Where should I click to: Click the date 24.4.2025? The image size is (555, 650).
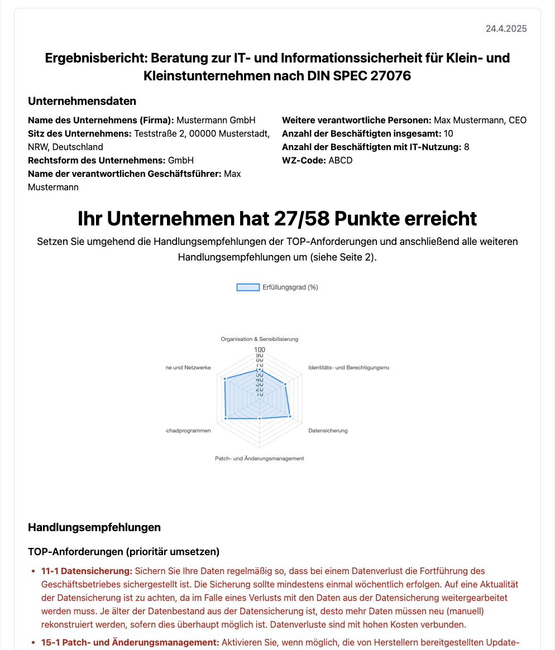click(x=506, y=29)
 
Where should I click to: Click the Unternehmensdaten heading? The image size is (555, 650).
click(x=82, y=101)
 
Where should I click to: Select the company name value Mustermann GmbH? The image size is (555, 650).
click(x=216, y=120)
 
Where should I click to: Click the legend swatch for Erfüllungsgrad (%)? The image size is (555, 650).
click(x=248, y=287)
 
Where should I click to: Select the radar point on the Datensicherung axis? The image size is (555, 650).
click(x=290, y=416)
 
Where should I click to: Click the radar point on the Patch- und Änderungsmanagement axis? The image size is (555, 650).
click(x=260, y=418)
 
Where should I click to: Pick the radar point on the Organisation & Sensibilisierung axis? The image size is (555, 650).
click(x=260, y=369)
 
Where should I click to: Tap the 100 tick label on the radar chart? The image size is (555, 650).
click(x=260, y=350)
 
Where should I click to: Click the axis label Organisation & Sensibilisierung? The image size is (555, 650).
click(x=260, y=339)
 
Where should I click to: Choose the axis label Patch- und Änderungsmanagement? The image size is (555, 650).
click(x=260, y=458)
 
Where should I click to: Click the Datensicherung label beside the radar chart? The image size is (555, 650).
click(x=328, y=431)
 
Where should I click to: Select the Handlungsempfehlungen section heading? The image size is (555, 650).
click(x=94, y=527)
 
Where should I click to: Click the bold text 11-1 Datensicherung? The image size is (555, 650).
click(x=87, y=571)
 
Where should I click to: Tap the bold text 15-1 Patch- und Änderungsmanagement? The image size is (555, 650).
click(x=130, y=643)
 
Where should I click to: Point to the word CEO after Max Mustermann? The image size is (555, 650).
click(x=518, y=120)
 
